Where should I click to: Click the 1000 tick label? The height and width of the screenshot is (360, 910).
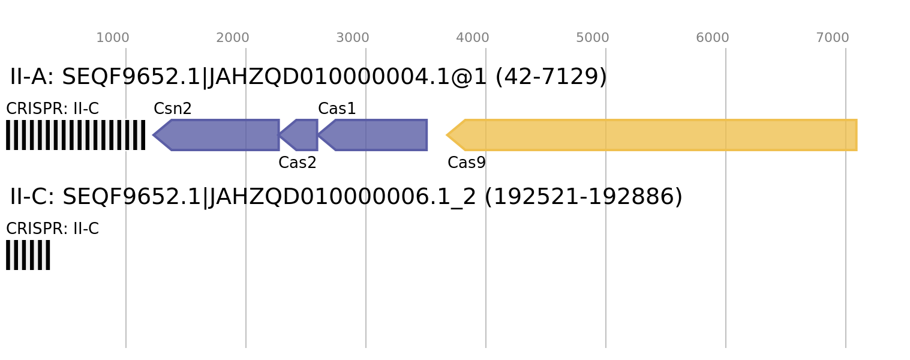click(113, 38)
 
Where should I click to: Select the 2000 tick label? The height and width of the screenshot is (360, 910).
click(233, 38)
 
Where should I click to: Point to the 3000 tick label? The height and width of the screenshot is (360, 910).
click(353, 38)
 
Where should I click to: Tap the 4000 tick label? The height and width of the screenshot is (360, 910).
click(473, 38)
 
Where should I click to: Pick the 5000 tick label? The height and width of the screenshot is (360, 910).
click(593, 38)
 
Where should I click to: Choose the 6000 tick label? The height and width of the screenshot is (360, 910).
click(713, 38)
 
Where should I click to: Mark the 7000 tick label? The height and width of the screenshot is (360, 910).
click(833, 38)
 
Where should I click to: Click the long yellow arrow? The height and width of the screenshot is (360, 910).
click(660, 135)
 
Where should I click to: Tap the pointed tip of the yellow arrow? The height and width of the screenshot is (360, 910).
click(447, 135)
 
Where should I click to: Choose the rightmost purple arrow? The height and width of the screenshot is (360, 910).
click(378, 135)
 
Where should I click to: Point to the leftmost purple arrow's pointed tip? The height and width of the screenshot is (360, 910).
click(153, 135)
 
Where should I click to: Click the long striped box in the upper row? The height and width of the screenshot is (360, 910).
click(76, 135)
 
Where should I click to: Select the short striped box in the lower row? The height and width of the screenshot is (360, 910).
click(28, 255)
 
